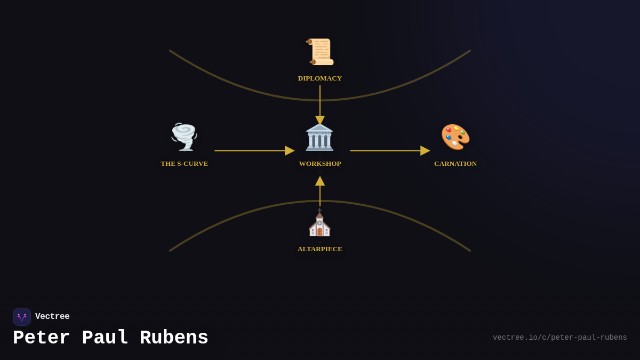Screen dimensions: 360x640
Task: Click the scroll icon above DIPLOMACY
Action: click(320, 52)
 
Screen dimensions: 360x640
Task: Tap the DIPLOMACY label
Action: click(320, 78)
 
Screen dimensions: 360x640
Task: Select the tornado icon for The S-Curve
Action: click(185, 137)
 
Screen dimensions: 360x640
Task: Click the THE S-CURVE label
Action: click(185, 164)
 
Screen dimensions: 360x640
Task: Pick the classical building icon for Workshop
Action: click(319, 137)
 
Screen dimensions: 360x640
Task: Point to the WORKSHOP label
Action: click(320, 164)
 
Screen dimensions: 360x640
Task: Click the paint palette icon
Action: click(455, 137)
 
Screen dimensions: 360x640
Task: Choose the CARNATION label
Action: click(455, 164)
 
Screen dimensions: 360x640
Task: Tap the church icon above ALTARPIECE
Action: click(319, 223)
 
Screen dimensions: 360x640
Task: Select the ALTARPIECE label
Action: click(320, 249)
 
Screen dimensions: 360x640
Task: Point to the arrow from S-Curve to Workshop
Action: click(254, 150)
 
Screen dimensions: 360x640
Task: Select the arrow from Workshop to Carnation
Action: click(389, 150)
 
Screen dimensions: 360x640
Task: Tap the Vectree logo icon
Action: click(22, 317)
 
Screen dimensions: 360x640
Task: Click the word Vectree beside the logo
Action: click(52, 317)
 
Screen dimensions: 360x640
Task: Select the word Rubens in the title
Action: click(174, 338)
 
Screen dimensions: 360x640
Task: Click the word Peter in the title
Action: click(42, 338)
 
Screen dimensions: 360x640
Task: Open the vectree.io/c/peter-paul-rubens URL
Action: click(559, 338)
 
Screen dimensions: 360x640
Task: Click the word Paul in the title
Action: click(105, 338)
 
